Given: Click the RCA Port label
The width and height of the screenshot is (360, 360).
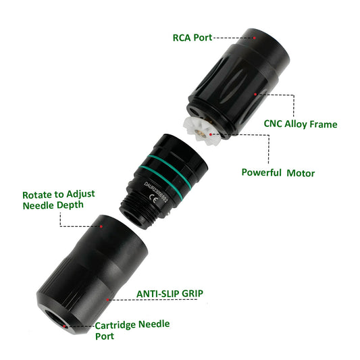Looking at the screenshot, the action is coord(192,38).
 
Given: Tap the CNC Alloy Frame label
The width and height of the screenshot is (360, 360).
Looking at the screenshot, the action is coord(301,124).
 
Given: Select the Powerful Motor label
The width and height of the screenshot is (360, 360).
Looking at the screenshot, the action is coord(278,173).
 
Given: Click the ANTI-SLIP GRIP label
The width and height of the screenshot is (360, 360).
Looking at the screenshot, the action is coord(170,294).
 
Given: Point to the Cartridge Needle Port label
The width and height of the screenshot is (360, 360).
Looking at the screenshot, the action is coord(132,330).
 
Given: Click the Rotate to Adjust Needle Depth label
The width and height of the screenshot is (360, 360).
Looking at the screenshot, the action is coord(59,200).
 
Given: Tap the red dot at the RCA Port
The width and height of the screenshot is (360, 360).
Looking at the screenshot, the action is coord(255,38).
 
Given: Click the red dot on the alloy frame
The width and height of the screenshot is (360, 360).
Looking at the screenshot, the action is coord(255,94).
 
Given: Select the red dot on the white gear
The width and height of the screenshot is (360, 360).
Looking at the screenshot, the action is coord(211,134).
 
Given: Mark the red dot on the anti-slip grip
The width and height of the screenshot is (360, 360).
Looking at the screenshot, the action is coord(107,300).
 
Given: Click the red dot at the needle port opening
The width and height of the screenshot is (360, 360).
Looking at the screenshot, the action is coord(65,326).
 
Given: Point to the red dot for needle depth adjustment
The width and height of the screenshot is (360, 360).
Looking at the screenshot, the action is coord(101,226).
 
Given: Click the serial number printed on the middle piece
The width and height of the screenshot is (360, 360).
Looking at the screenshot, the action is coord(156,192).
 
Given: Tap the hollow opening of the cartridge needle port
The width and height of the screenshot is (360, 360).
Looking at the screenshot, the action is coord(56,319).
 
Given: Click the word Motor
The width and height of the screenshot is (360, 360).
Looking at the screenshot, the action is coord(301,173).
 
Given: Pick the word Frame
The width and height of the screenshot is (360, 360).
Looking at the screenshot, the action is coord(324,124).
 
